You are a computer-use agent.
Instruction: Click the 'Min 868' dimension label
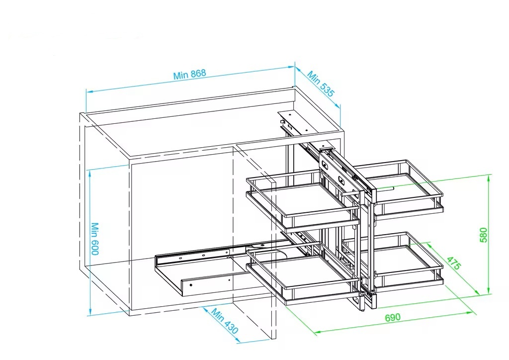coord(189,74)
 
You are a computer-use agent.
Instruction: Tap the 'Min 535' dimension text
coord(321,84)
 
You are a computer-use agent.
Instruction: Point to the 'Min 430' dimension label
coord(225,321)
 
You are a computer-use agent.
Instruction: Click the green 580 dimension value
coord(483,235)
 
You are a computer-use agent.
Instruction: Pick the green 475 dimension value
coord(454,263)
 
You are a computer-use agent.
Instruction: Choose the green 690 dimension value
coord(393,317)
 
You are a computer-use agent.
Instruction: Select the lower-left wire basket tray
coord(304,272)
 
